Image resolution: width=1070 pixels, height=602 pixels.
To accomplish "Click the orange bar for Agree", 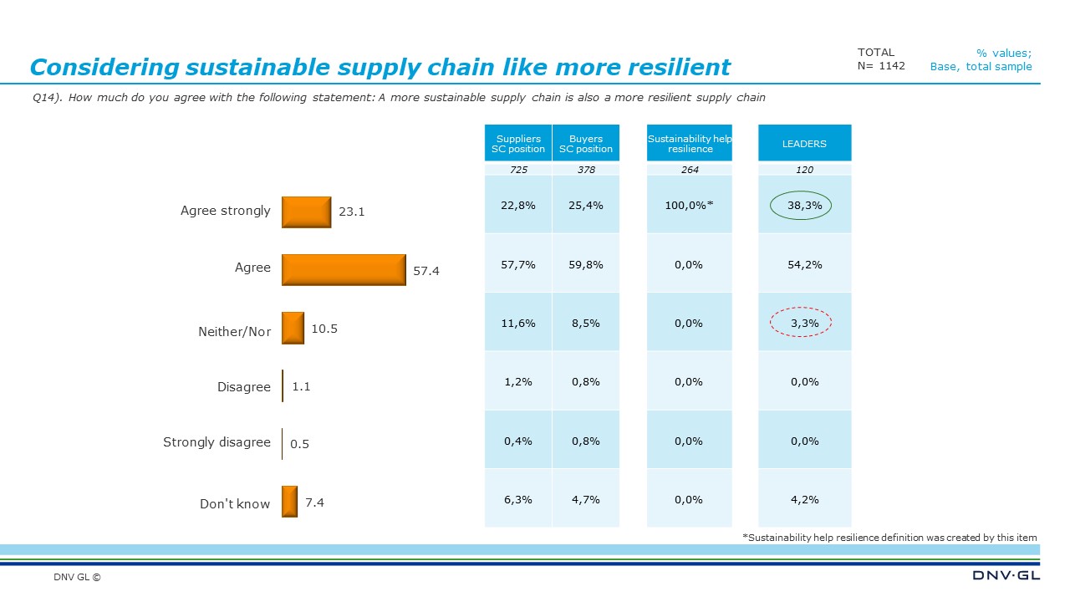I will point(344,269).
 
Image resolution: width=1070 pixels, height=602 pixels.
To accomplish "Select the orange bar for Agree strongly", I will point(306,212).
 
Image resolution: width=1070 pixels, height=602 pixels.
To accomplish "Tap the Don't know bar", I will point(289,502).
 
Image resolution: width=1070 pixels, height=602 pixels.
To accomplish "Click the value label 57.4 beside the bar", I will point(425,272).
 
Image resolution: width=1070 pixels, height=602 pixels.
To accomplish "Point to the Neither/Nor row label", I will point(234,331).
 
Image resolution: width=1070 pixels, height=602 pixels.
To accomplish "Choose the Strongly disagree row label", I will point(217,442).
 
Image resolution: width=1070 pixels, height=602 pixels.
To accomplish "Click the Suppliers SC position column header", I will point(518,144).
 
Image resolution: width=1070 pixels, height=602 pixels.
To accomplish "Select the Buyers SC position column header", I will point(585,144).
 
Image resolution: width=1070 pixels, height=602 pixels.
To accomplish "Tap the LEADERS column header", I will point(804,144).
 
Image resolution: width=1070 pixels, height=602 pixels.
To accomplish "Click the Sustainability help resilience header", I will point(690,144).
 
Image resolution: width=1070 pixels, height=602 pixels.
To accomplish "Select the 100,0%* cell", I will point(690,206).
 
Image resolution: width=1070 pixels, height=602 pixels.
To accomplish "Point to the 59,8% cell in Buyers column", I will point(585,264).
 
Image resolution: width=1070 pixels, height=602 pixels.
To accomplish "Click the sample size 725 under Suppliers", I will point(518,170).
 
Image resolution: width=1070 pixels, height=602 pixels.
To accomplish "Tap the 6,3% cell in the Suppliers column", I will point(518,499).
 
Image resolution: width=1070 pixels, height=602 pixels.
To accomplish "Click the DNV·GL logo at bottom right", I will point(1006,576).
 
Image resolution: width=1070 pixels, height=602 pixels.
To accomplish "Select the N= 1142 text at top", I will point(881,66).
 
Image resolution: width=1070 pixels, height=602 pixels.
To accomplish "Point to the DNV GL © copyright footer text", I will point(77,577).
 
